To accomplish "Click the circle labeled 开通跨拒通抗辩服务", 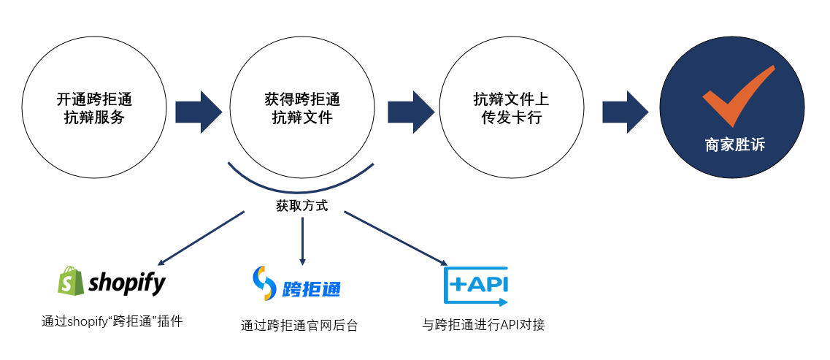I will pyautogui.click(x=94, y=108).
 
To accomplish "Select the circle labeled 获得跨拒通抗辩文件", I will pyautogui.click(x=301, y=108).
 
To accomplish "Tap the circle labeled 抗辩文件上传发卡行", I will pyautogui.click(x=511, y=108).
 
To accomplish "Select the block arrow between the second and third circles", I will pyautogui.click(x=410, y=112).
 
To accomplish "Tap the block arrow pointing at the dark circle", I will pyautogui.click(x=625, y=112).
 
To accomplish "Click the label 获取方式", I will pyautogui.click(x=301, y=206).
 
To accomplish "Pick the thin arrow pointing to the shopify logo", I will pyautogui.click(x=201, y=238).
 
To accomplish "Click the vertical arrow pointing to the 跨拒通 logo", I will pyautogui.click(x=302, y=241).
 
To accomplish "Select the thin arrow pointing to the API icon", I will pyautogui.click(x=395, y=238).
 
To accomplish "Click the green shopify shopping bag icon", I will pyautogui.click(x=70, y=281).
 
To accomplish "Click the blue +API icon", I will pyautogui.click(x=476, y=285).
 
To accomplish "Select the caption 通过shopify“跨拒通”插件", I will pyautogui.click(x=112, y=320).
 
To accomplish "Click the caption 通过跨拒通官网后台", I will pyautogui.click(x=299, y=326).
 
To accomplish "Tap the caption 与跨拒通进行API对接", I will pyautogui.click(x=483, y=324).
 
